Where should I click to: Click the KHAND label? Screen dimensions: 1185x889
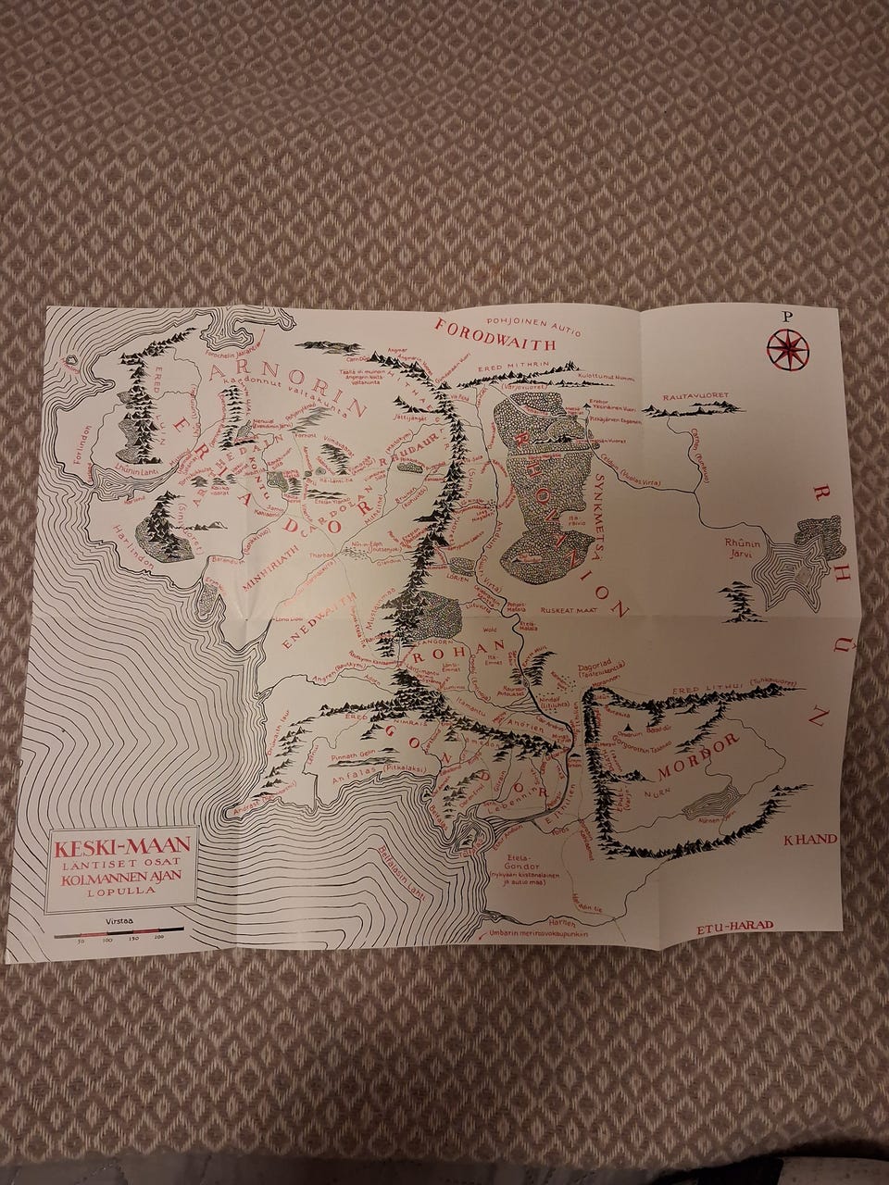[810, 840]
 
